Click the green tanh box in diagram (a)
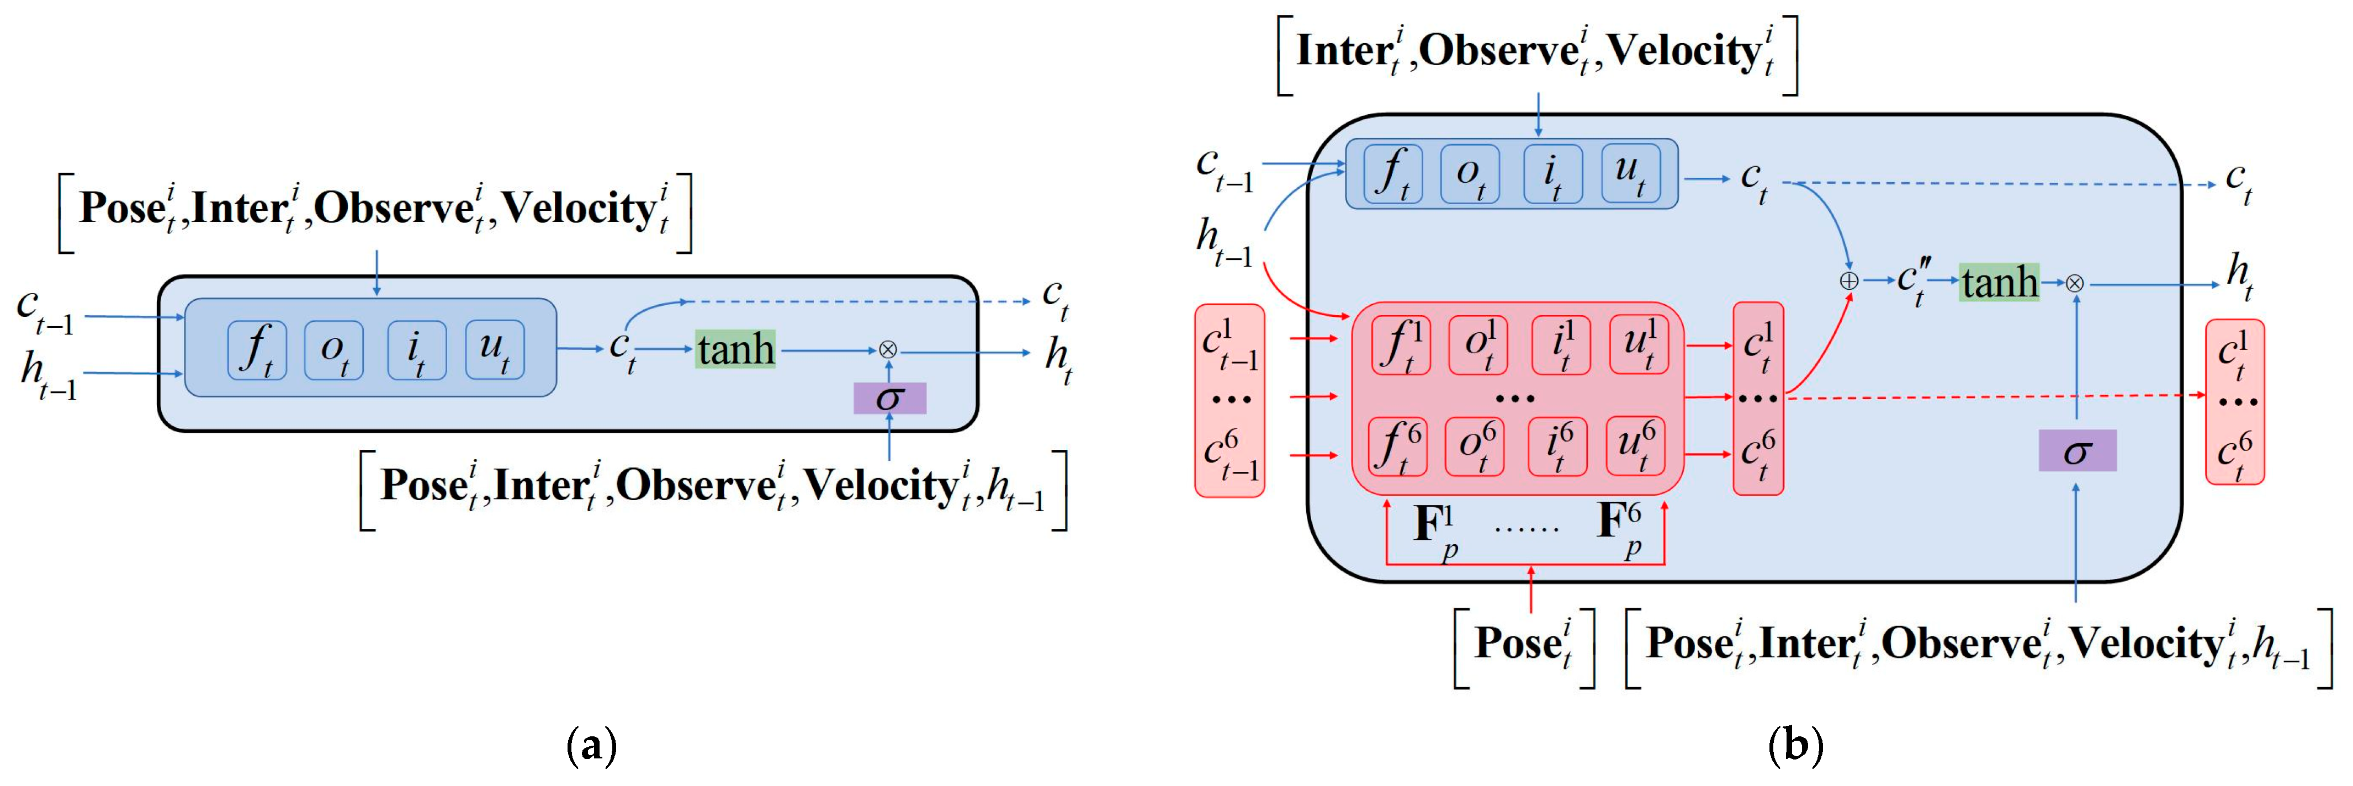tap(735, 349)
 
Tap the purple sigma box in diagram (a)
tap(889, 398)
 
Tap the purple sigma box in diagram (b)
tap(2077, 451)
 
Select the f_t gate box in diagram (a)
tap(257, 349)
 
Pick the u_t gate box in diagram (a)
tap(495, 349)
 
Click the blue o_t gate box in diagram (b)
tap(1470, 173)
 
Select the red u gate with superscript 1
tap(1638, 345)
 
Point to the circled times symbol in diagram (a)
tap(887, 349)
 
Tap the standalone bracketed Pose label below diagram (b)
tap(1524, 645)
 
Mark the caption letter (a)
tap(592, 746)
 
